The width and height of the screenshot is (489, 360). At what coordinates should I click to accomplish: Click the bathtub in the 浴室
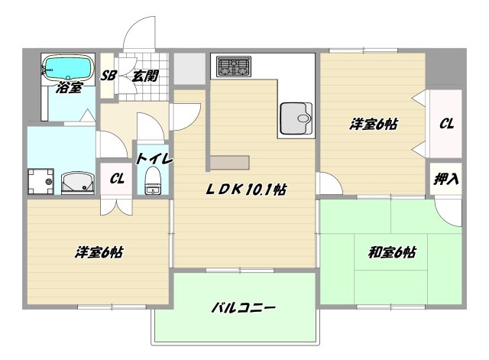pos(66,66)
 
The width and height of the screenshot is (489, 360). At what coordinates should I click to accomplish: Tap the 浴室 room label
pos(69,88)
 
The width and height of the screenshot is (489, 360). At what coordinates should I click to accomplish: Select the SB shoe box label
pos(108,76)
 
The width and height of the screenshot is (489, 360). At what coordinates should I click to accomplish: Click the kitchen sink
pos(296,118)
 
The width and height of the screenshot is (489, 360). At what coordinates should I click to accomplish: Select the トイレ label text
pos(154,159)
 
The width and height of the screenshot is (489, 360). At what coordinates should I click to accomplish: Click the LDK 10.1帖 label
pos(244,190)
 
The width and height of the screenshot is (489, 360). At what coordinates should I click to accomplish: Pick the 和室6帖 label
pos(391,251)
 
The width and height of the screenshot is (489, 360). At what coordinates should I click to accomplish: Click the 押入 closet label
pos(446,180)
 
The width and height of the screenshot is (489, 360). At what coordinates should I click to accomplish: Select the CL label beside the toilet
pos(116,179)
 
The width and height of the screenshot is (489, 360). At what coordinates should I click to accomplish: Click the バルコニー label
pos(243,309)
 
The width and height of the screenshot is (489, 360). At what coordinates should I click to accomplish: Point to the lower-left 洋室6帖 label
pos(100,251)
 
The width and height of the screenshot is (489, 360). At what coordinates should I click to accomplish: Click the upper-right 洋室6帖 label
pos(374,123)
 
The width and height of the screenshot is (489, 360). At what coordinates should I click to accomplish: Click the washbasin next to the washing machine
pos(76,182)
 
